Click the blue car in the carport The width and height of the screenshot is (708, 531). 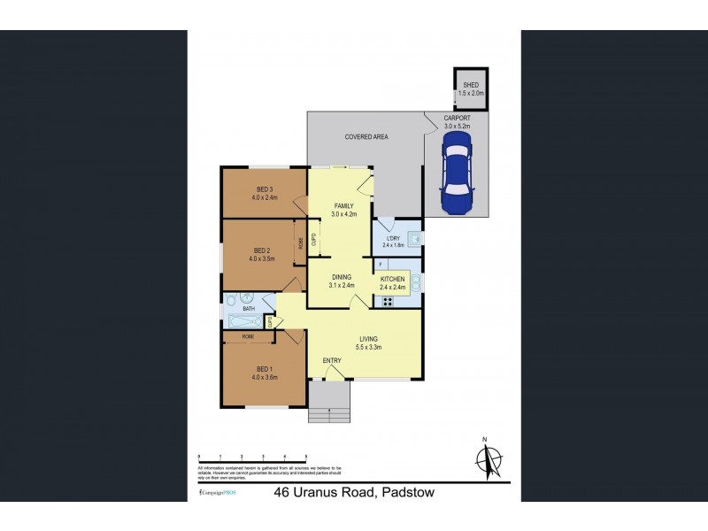457,178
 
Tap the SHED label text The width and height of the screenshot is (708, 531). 471,85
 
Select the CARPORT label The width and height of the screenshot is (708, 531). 458,118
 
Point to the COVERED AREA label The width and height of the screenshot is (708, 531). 366,136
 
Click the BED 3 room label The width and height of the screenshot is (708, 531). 265,189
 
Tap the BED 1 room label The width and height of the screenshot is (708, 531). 264,370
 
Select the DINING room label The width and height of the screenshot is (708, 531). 341,278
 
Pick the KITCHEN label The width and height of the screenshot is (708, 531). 392,279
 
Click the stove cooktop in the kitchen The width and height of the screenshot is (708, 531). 387,301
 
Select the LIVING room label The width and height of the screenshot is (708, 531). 370,338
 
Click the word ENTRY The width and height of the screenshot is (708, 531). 332,360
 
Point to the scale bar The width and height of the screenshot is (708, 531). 253,458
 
